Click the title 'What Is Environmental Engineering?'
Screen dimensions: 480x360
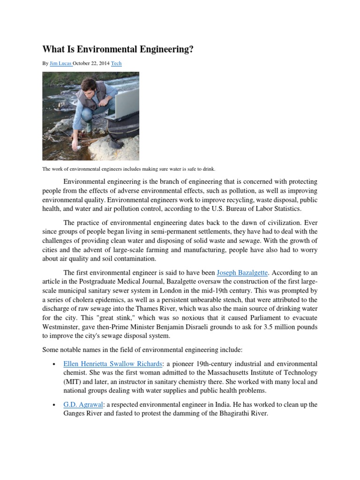click(118, 49)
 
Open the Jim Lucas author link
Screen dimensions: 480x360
click(60, 63)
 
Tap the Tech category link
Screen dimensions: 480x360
click(116, 63)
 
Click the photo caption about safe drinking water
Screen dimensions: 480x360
click(129, 169)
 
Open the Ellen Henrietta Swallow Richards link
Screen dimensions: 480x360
click(112, 364)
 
